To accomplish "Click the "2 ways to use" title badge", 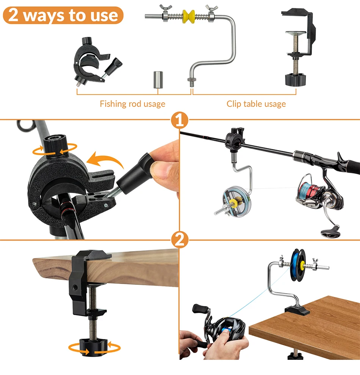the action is pyautogui.click(x=63, y=16).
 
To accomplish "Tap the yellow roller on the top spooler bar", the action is pyautogui.click(x=188, y=17).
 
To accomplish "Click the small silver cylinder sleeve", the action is pyautogui.click(x=158, y=80).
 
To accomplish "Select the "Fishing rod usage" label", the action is pyautogui.click(x=133, y=104).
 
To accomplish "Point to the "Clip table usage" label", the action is pyautogui.click(x=256, y=104).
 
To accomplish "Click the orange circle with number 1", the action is pyautogui.click(x=180, y=120).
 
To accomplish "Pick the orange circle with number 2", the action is pyautogui.click(x=180, y=240).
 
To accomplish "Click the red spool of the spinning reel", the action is pyautogui.click(x=311, y=189).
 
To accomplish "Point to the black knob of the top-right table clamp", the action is pyautogui.click(x=296, y=80).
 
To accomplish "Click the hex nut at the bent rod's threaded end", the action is pyautogui.click(x=192, y=80).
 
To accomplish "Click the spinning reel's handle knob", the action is pyautogui.click(x=330, y=233).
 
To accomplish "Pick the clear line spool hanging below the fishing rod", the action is pyautogui.click(x=237, y=202).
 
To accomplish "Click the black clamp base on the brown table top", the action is pyautogui.click(x=297, y=311).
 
